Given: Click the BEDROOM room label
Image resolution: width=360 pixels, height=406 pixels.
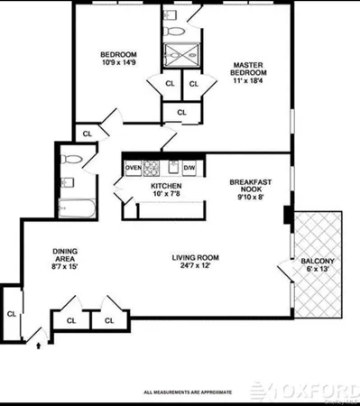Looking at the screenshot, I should (x=118, y=53).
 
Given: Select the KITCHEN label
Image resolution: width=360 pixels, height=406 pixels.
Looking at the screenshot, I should (x=154, y=186).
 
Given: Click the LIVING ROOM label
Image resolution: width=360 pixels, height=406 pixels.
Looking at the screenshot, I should (x=196, y=258).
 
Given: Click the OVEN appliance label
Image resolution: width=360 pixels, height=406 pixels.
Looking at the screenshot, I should (x=133, y=168).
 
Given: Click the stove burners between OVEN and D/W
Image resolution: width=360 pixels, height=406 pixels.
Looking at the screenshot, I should (x=162, y=168).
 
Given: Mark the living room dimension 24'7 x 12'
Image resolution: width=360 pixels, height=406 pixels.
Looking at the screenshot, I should (x=196, y=269).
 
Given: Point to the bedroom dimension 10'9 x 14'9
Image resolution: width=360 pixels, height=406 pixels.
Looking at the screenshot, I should (x=118, y=62).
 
